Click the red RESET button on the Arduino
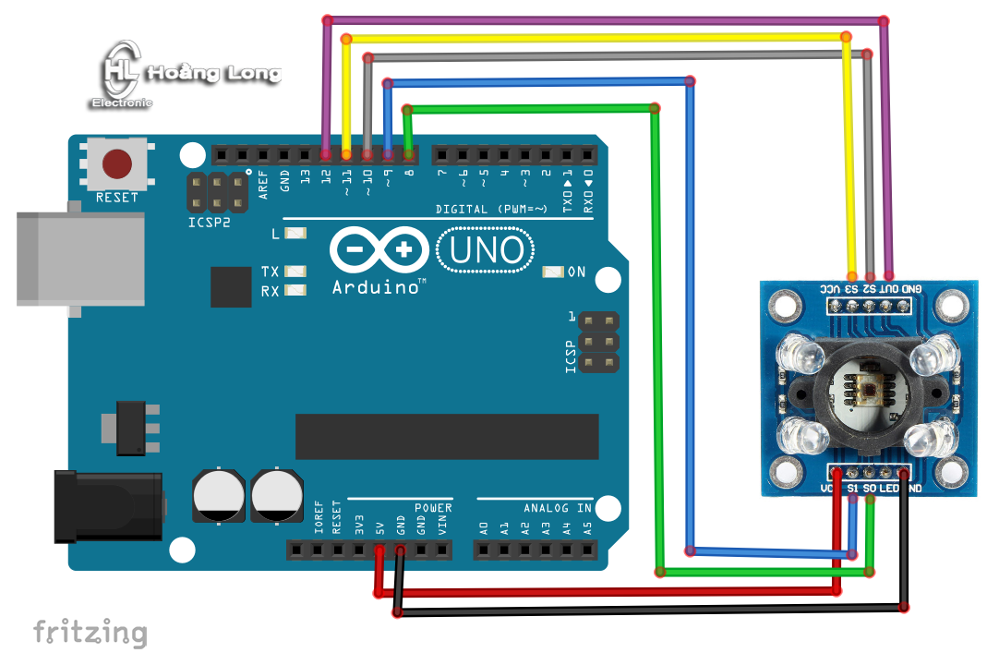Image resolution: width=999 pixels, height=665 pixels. point(116,163)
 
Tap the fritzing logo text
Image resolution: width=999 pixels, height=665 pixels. point(90,633)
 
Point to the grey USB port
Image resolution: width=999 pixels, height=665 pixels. point(81,259)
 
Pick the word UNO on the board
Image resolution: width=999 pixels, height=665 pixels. point(486,249)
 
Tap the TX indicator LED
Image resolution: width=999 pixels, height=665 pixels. point(295,272)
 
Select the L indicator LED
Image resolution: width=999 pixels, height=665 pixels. point(295,235)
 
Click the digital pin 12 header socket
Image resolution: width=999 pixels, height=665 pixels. point(326,154)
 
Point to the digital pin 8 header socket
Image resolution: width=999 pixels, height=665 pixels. point(409,154)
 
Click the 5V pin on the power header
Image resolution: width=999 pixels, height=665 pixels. point(379,551)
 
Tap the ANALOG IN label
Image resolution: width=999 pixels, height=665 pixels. point(557,508)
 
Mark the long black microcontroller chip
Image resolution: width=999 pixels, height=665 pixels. point(446,436)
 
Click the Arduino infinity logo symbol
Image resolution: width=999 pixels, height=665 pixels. point(379,249)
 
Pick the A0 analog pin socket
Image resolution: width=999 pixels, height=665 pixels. point(484,551)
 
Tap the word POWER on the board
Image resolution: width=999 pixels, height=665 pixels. point(432,508)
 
